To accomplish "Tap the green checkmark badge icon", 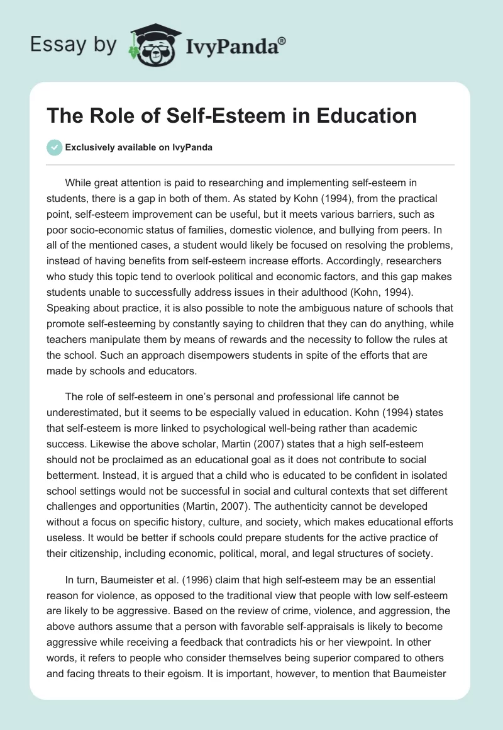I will coord(55,147).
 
